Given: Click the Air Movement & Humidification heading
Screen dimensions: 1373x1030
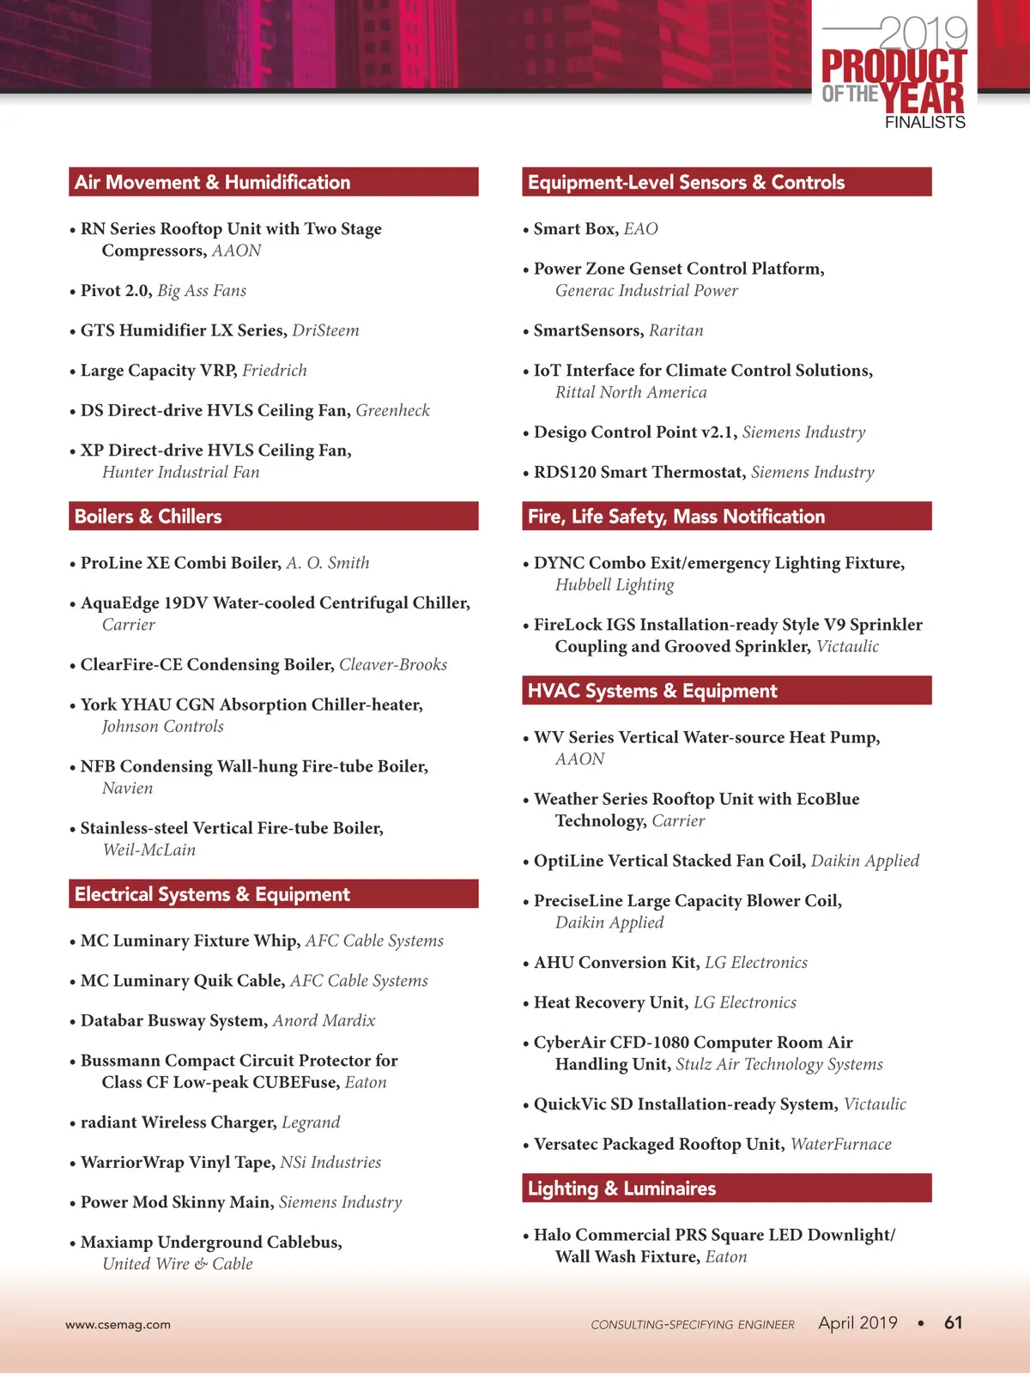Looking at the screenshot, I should point(213,182).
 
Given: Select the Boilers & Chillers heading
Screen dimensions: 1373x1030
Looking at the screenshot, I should point(148,517).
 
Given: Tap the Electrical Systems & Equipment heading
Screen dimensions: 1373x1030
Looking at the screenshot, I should point(212,894).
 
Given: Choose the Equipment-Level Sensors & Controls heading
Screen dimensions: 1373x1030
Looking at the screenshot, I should point(686,182).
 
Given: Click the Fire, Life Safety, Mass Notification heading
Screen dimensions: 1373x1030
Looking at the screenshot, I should point(676,517).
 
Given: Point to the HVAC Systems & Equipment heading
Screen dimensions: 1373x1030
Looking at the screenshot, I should point(652,691).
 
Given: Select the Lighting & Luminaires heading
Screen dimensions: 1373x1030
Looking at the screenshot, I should point(621,1189).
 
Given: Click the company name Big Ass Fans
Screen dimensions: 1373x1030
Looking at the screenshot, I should point(202,291).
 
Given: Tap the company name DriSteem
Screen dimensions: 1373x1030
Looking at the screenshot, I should point(325,330).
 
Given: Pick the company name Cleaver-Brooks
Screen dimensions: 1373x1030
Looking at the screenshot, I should point(393,665).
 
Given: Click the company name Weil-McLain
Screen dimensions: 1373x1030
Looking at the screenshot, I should point(149,850).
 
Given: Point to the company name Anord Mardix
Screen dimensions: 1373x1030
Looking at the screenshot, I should point(324,1021).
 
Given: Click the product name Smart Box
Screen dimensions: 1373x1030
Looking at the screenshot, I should point(574,229).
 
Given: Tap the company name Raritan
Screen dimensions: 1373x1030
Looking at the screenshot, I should point(676,330).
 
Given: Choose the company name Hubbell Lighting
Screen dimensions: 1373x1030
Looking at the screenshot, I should point(615,585).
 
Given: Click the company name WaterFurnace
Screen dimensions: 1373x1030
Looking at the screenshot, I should point(840,1144).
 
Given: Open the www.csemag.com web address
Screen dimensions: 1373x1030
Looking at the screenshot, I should point(118,1324).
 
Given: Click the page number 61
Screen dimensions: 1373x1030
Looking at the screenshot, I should point(953,1322).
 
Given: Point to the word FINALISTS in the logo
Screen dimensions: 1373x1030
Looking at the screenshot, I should point(924,123).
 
